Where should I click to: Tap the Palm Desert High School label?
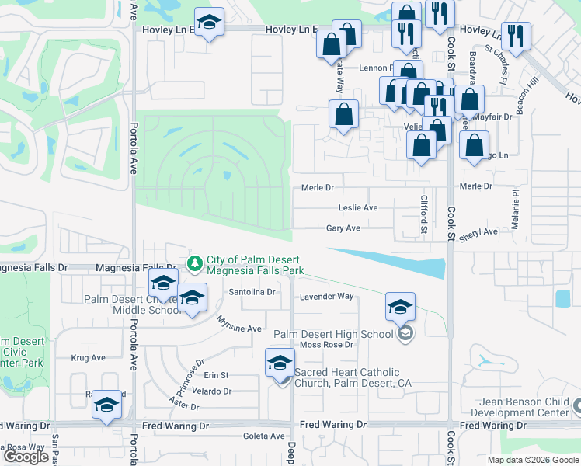(333, 334)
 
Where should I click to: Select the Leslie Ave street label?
(358, 208)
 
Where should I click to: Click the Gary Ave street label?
(343, 228)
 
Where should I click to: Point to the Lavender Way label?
(327, 297)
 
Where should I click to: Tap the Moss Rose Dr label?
(326, 345)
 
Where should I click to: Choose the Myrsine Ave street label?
(238, 329)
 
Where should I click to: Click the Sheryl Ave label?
(477, 232)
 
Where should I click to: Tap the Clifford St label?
(424, 214)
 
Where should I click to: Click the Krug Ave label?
(88, 358)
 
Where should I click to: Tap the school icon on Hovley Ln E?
(208, 23)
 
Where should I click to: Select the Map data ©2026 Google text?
(533, 460)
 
